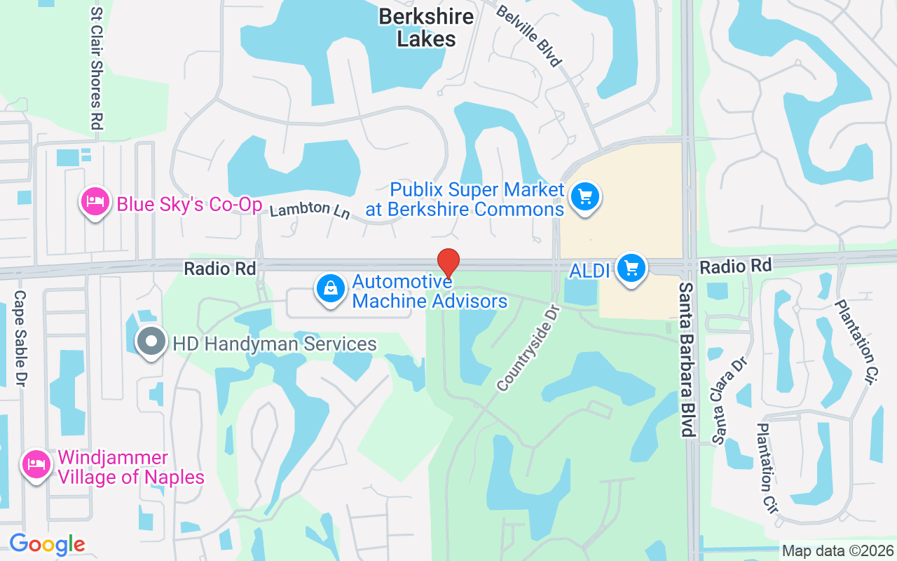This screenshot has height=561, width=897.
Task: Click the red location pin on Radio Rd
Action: point(448,263)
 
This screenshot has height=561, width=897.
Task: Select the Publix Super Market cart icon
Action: point(585,196)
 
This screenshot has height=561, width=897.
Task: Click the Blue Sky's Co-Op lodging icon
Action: point(95,202)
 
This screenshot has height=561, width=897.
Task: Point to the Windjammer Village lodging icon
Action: point(35,464)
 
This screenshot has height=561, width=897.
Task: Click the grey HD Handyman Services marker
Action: point(150,342)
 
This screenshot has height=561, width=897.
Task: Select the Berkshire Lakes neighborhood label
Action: point(426,27)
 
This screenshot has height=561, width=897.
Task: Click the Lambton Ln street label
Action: point(310,210)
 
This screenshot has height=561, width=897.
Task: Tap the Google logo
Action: point(47,543)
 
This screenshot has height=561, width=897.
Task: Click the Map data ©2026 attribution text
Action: point(837,550)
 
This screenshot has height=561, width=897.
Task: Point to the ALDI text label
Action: point(589,270)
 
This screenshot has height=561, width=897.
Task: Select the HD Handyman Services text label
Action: point(275,344)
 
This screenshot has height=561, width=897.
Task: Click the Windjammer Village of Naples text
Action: point(130,468)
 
